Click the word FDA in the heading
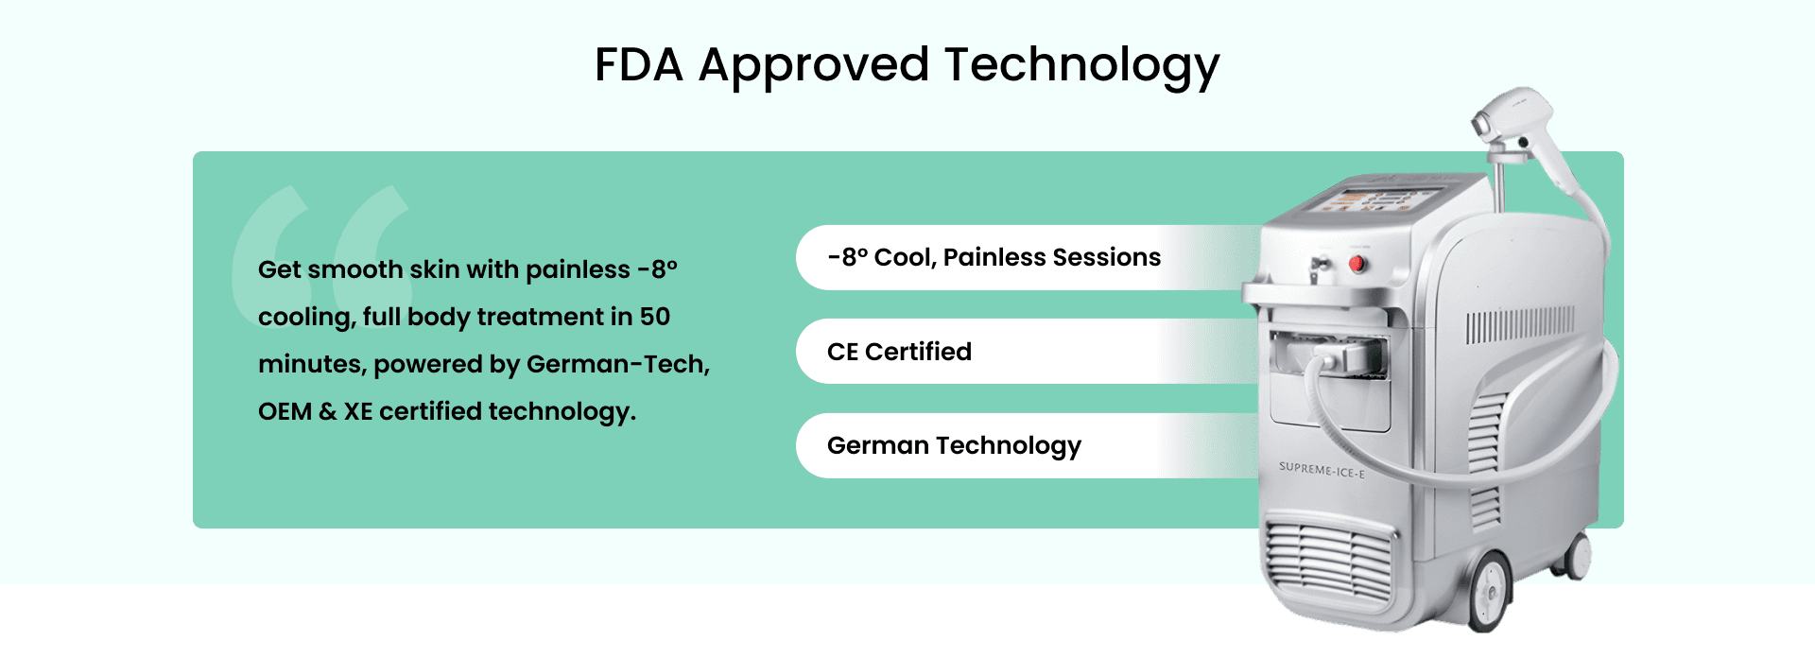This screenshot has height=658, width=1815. (639, 65)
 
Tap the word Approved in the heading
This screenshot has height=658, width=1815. (814, 68)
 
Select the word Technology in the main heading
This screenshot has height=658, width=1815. (1082, 68)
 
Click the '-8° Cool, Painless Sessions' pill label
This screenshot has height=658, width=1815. (994, 257)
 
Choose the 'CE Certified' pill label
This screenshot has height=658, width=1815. (899, 352)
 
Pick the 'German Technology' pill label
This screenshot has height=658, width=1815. (954, 446)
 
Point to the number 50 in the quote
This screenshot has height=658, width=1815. (655, 317)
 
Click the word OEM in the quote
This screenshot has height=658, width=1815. (285, 411)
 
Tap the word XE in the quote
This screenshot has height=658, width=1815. (358, 411)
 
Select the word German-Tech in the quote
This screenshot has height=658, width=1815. (617, 365)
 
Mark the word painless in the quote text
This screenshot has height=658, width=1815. (578, 270)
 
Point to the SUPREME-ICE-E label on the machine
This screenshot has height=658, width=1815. (1322, 470)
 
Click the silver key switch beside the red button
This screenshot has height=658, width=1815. (1317, 268)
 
